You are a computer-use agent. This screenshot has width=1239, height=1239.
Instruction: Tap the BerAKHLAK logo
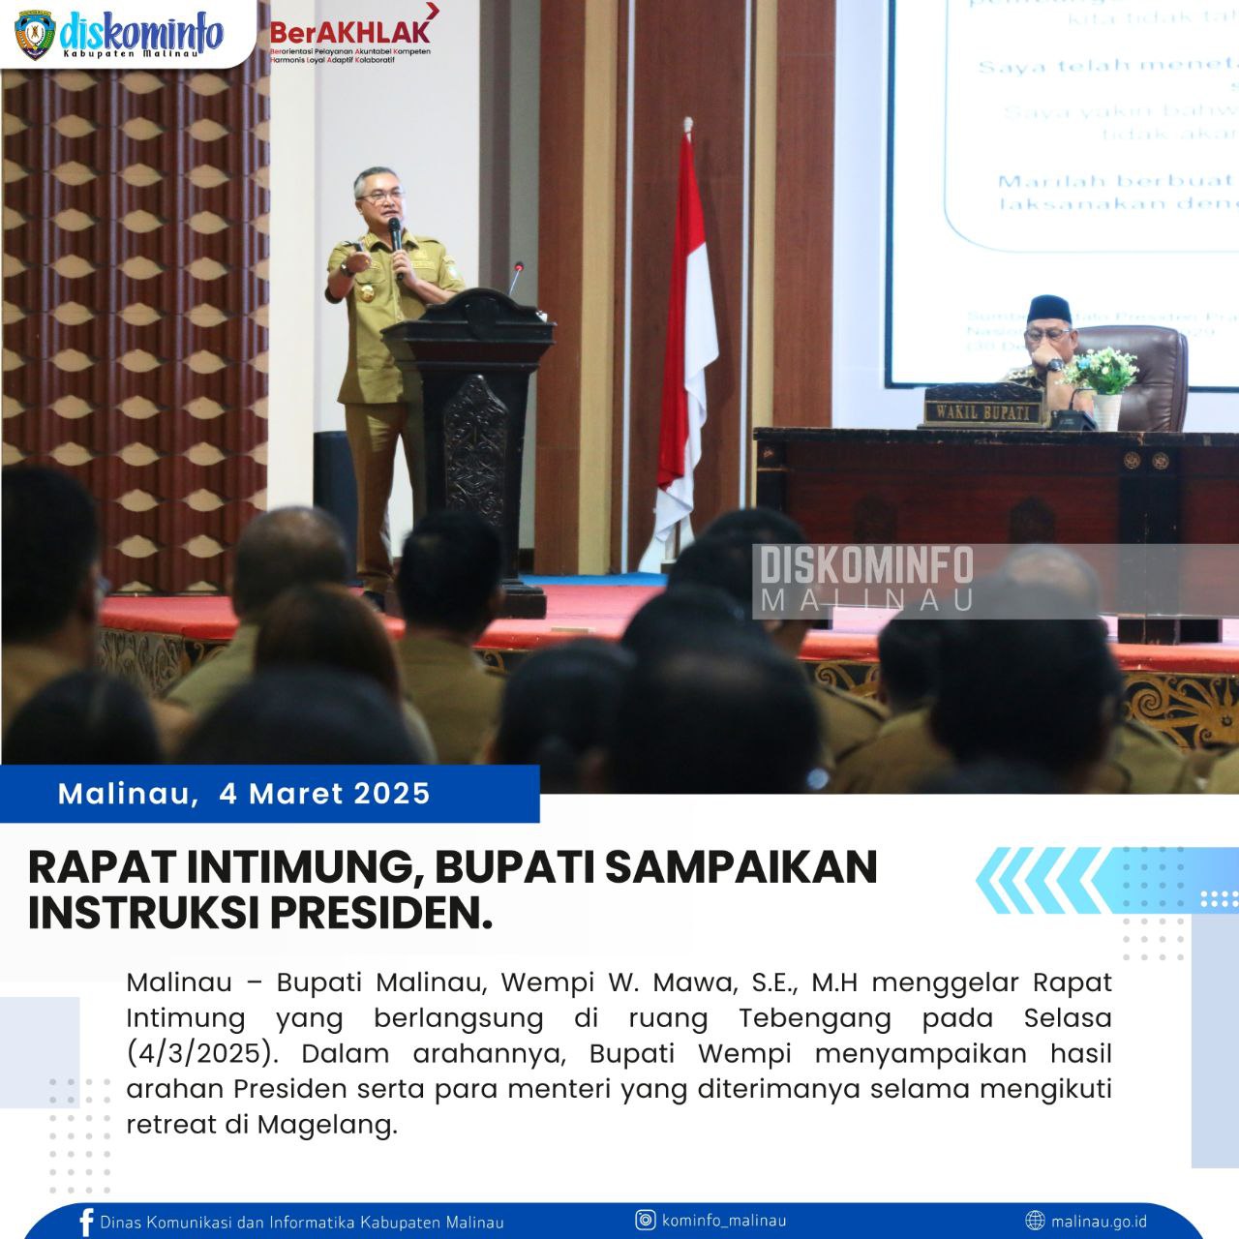point(350,36)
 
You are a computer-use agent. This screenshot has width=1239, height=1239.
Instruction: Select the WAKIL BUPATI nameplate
point(982,411)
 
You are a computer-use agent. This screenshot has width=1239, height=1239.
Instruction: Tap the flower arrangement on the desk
point(1103,373)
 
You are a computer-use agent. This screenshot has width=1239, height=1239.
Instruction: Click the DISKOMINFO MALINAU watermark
point(866,579)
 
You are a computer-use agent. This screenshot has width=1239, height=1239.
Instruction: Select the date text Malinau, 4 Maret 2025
point(244,794)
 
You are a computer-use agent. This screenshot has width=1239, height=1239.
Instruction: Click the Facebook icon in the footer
point(87,1222)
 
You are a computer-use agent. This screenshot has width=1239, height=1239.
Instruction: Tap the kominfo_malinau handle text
point(724,1220)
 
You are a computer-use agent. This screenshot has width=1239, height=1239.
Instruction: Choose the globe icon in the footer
point(1035,1221)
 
